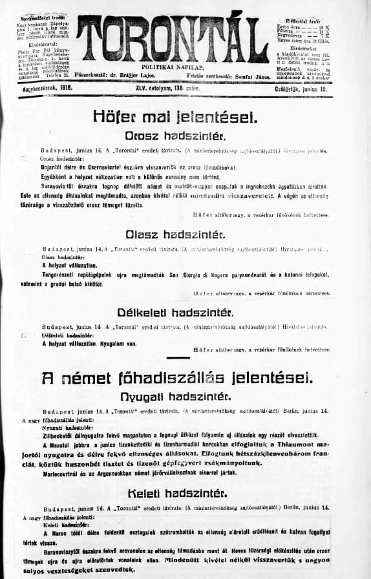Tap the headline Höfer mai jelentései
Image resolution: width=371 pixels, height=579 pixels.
click(x=176, y=117)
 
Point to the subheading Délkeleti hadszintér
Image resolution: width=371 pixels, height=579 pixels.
click(x=175, y=313)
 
